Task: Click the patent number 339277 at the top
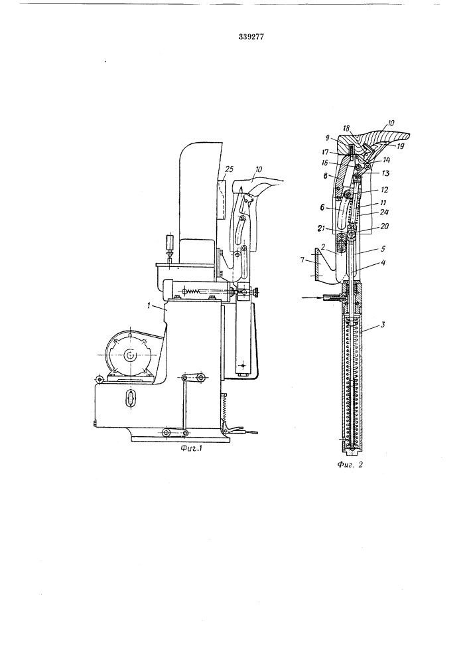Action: click(x=251, y=37)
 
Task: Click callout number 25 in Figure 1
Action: click(x=229, y=170)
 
